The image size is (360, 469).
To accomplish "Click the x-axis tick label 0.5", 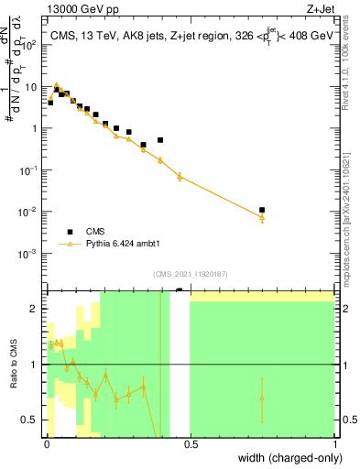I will tap(191, 444).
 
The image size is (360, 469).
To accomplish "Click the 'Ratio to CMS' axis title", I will tap(13, 376).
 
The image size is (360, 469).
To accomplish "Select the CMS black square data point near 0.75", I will tap(262, 210).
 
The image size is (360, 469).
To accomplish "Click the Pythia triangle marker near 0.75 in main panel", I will tap(262, 217).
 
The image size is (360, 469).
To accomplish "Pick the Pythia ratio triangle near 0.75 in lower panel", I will tap(262, 398).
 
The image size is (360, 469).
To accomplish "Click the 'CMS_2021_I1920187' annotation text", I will tap(190, 274).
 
